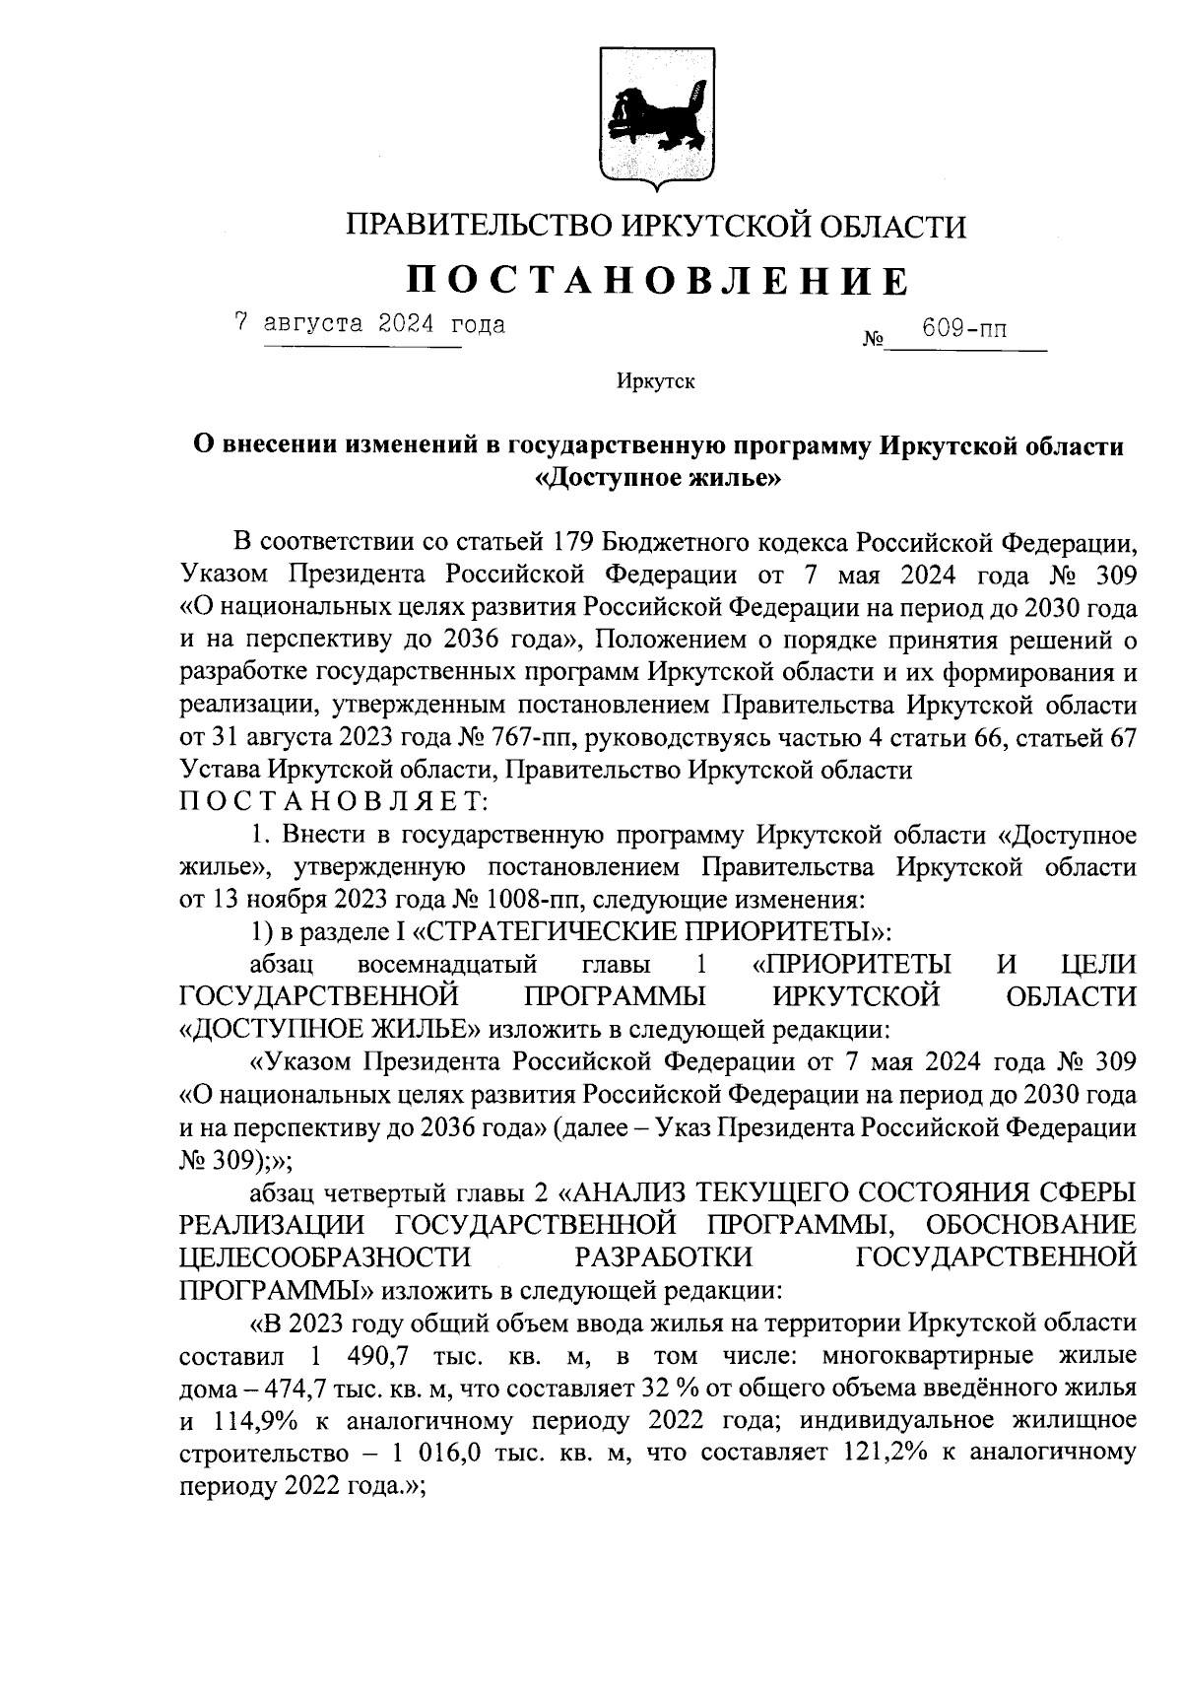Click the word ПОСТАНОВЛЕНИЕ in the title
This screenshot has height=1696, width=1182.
657,282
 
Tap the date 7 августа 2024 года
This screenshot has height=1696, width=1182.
369,324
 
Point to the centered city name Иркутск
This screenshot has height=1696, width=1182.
655,381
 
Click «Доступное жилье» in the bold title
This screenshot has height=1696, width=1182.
657,479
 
